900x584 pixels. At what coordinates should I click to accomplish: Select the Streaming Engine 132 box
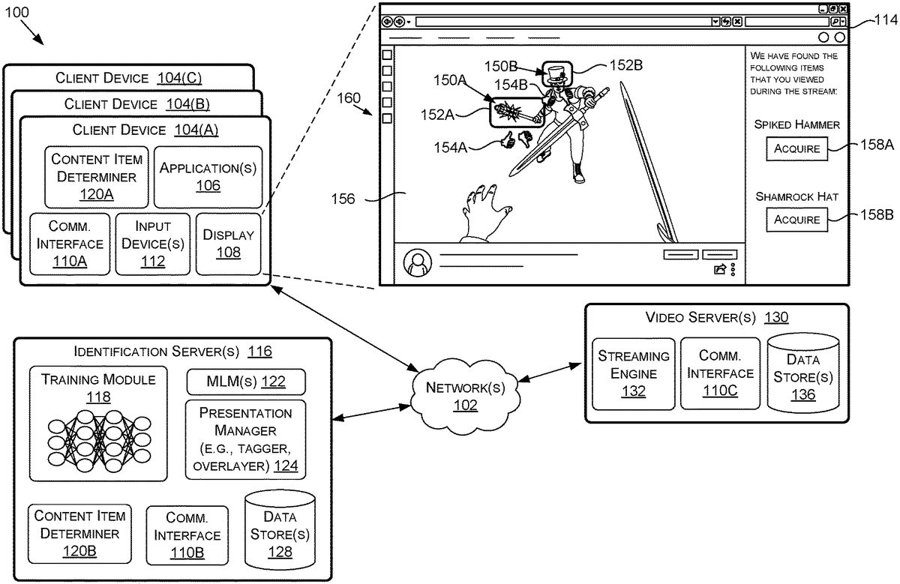pyautogui.click(x=634, y=373)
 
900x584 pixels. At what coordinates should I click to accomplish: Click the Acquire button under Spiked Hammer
pyautogui.click(x=796, y=148)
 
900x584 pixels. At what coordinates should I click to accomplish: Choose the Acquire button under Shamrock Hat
pyautogui.click(x=796, y=220)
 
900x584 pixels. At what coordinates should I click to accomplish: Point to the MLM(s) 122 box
pyautogui.click(x=246, y=382)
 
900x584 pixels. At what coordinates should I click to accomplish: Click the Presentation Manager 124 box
pyautogui.click(x=246, y=440)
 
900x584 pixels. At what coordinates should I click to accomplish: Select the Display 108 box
pyautogui.click(x=229, y=244)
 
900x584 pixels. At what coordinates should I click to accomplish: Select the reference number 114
pyautogui.click(x=885, y=22)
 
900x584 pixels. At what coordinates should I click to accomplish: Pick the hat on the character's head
pyautogui.click(x=556, y=75)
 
